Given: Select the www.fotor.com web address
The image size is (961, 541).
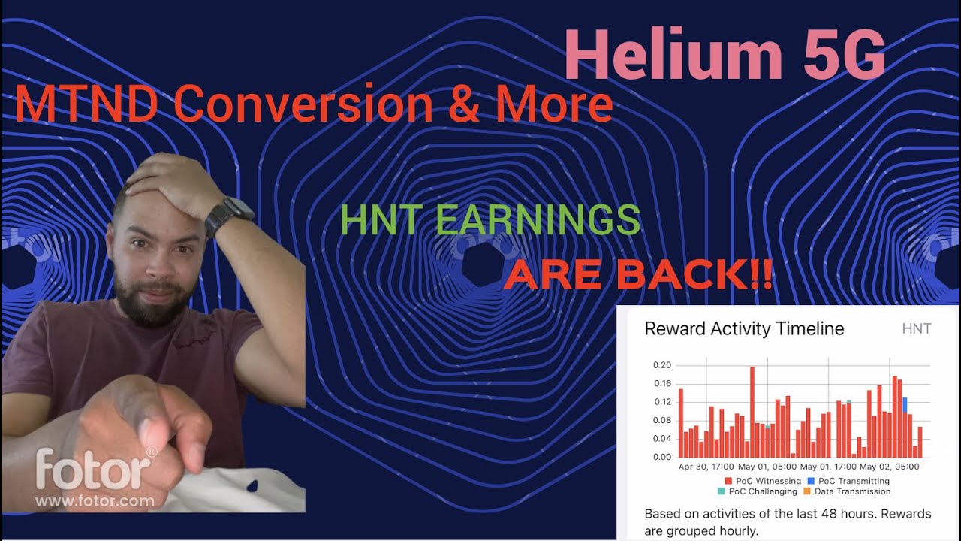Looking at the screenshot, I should click(95, 500).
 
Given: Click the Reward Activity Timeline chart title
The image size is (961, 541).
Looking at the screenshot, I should click(744, 329).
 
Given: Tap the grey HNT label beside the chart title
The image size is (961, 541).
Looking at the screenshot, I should click(916, 329).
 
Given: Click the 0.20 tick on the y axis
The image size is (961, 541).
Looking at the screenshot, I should click(661, 365).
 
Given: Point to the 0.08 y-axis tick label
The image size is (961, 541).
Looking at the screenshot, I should click(661, 421).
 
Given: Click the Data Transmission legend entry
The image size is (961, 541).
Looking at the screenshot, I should click(848, 491).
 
